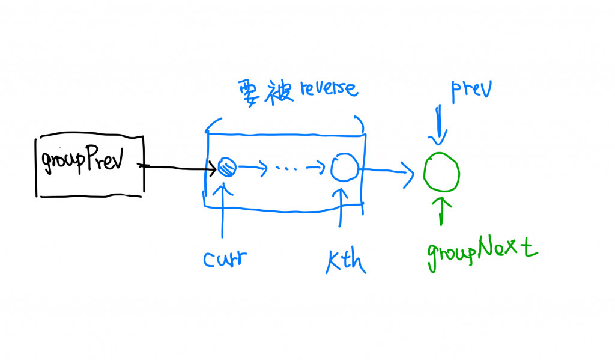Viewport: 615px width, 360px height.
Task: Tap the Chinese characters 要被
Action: pyautogui.click(x=262, y=91)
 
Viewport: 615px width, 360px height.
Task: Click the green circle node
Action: pyautogui.click(x=442, y=172)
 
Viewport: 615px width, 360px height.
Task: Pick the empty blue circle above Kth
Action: pyautogui.click(x=344, y=166)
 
